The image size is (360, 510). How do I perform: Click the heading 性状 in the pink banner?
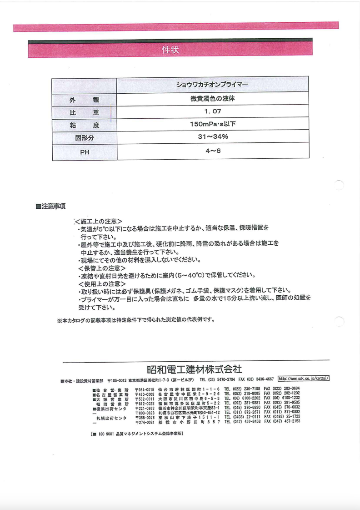[170, 50]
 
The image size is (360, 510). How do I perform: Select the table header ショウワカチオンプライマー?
[212, 85]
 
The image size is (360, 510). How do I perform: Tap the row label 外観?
[84, 100]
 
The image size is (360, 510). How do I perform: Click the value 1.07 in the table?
[212, 111]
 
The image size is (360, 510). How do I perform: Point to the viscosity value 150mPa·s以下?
[212, 124]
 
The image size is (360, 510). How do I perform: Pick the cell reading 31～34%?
[212, 137]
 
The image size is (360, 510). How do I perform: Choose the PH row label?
[85, 152]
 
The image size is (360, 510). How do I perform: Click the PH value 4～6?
[212, 151]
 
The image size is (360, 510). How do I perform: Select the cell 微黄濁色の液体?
[212, 98]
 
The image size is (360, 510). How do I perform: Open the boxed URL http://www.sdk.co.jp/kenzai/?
[303, 379]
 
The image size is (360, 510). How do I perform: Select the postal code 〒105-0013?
[117, 379]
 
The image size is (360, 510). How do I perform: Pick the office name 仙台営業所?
[111, 389]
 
